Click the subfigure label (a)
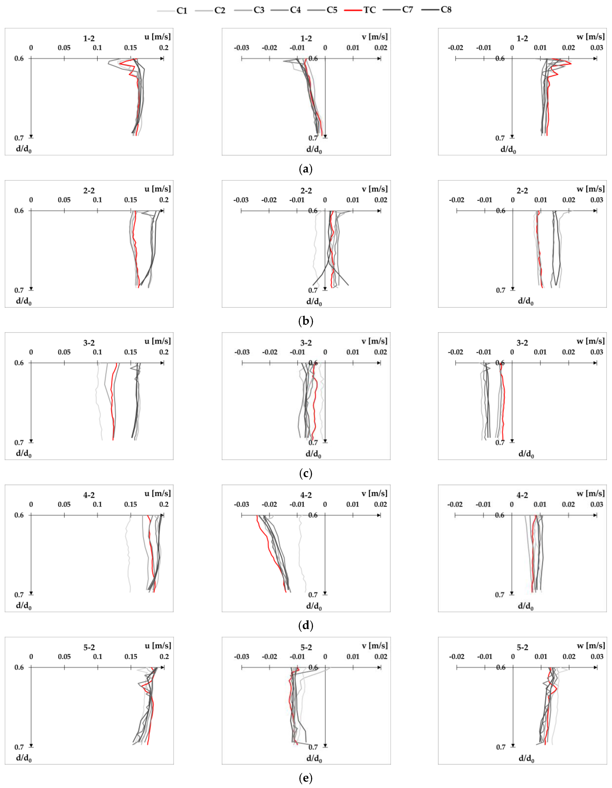click(x=306, y=169)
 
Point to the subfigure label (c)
click(x=306, y=473)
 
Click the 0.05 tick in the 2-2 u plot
click(x=64, y=200)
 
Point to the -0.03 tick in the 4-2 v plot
click(x=241, y=504)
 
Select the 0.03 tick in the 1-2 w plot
click(x=597, y=48)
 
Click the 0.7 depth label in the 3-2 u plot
click(x=19, y=443)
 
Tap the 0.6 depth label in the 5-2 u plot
click(x=19, y=667)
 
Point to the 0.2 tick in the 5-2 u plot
click(x=164, y=657)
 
